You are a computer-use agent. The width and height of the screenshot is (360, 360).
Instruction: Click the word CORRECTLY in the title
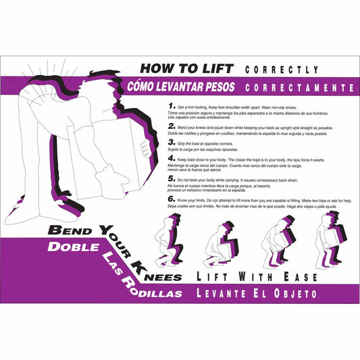(x=282, y=70)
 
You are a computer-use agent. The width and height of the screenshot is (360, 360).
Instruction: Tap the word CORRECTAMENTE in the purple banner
(x=300, y=88)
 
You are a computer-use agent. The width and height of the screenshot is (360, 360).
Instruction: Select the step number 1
(x=170, y=107)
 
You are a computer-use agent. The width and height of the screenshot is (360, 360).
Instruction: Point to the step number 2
(x=170, y=126)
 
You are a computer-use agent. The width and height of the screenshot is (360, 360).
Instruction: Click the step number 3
(x=170, y=143)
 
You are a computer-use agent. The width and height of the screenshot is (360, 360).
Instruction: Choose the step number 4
(x=170, y=159)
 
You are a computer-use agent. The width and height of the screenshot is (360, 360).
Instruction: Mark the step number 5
(x=170, y=180)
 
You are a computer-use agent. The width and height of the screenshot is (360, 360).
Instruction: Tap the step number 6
(x=170, y=200)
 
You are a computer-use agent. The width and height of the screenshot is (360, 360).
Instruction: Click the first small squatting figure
(x=168, y=242)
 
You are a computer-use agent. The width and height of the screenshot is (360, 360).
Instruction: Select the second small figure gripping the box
(x=221, y=242)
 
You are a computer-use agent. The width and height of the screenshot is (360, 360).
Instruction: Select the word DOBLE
(x=68, y=248)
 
